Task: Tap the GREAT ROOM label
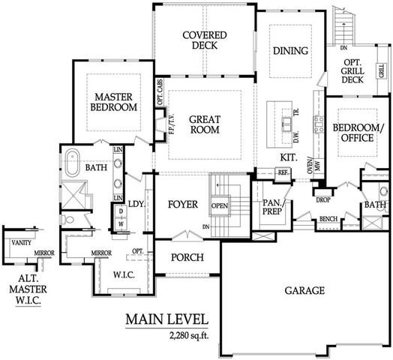[x=204, y=124]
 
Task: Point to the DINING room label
[x=290, y=51]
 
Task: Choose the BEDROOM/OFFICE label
[x=358, y=132]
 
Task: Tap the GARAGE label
[x=304, y=290]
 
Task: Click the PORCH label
[x=183, y=257]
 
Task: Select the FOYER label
[x=182, y=204]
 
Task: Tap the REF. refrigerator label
[x=283, y=172]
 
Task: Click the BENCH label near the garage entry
[x=327, y=219]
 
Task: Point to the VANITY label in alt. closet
[x=20, y=242]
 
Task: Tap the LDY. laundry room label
[x=136, y=203]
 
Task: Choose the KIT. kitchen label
[x=288, y=157]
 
